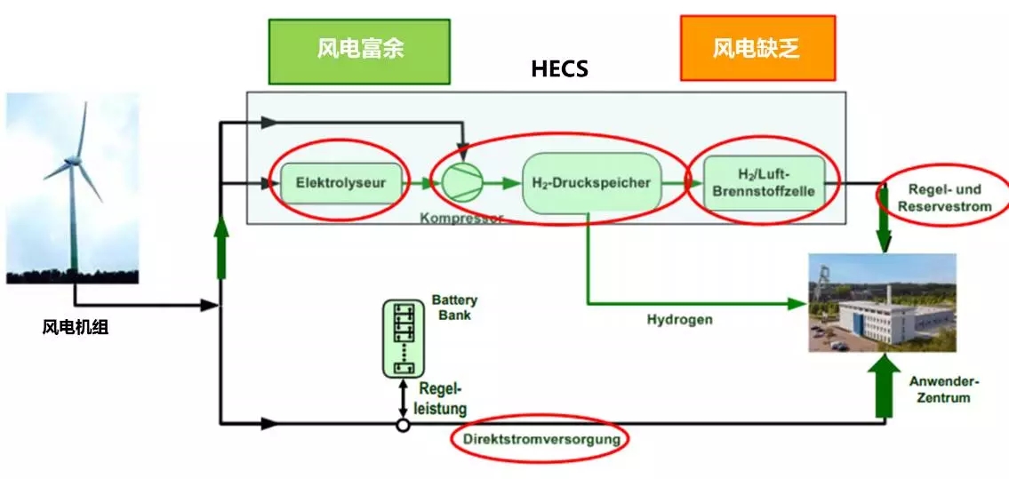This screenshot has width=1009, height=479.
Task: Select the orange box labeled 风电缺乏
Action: point(757,48)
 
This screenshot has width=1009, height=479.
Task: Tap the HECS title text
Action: point(559,68)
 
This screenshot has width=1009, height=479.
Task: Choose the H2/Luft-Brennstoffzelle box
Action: point(764,183)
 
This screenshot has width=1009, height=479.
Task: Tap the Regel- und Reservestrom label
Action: point(943,197)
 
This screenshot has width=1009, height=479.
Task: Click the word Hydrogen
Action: point(679,319)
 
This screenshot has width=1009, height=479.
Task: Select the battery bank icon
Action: point(404,339)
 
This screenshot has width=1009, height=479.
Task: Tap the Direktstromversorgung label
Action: point(539,438)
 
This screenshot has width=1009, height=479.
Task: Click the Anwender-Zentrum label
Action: point(943,389)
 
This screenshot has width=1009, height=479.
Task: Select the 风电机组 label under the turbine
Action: point(75,327)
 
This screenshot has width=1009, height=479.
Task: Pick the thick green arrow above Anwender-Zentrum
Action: point(883,387)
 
